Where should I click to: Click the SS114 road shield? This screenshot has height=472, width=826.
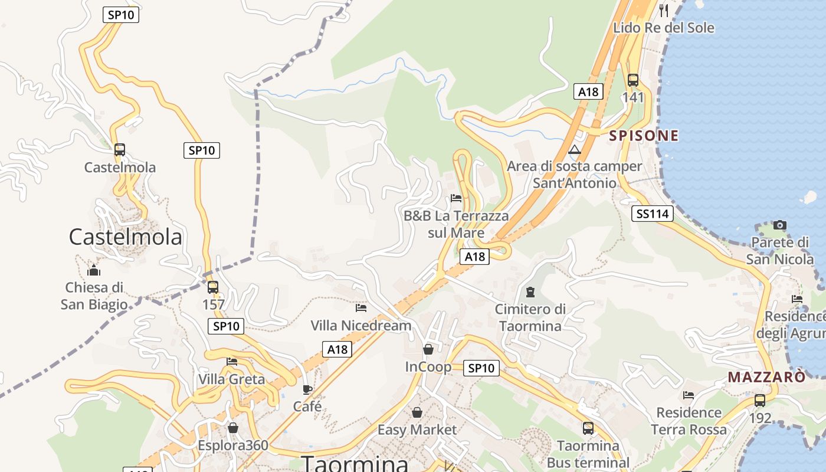(652, 214)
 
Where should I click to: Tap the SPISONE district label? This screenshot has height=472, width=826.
(644, 136)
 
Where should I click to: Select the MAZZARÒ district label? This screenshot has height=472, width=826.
(766, 377)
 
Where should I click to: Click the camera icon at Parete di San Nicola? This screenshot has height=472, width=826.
(780, 225)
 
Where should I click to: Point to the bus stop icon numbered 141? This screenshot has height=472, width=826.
(633, 80)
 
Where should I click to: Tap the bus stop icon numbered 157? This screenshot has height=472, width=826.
(213, 287)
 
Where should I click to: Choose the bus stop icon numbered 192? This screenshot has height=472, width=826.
(760, 401)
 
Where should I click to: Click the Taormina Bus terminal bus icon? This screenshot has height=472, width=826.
(588, 428)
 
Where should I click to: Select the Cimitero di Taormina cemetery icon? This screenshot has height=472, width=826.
(530, 291)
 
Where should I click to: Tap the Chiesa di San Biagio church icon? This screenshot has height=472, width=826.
(94, 271)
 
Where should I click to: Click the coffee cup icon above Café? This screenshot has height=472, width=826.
(307, 389)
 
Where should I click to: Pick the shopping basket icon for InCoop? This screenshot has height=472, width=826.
(428, 349)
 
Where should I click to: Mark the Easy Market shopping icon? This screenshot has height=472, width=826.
(417, 412)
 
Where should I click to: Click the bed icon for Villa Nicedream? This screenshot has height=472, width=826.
(361, 308)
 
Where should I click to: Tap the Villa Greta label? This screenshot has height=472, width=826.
(231, 379)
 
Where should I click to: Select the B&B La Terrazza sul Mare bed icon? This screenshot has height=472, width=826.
(455, 198)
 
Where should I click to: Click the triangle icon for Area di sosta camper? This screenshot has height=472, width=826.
(575, 149)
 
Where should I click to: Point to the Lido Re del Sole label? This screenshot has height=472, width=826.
(663, 28)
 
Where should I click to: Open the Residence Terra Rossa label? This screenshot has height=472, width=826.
(689, 421)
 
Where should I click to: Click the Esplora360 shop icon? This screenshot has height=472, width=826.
(233, 428)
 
